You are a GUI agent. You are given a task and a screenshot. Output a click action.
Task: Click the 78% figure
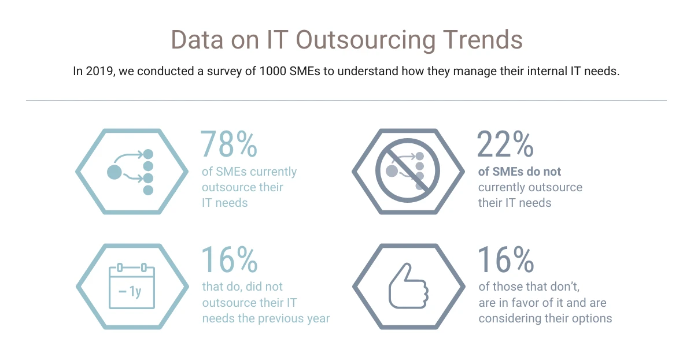pos(229,144)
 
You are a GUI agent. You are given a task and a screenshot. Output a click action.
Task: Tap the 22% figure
pos(505,144)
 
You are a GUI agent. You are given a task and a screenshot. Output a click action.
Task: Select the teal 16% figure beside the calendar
pos(229,260)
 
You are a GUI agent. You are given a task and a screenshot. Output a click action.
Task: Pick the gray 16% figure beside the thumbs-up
pos(505,260)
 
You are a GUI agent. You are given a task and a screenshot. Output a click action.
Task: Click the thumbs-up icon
pos(408,287)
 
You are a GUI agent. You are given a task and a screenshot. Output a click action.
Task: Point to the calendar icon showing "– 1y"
pos(132,287)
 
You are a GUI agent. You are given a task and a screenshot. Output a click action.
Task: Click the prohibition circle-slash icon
pos(408,171)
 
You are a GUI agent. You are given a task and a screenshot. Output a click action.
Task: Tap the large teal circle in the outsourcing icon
pos(115,172)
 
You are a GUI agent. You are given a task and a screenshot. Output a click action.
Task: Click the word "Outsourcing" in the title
pos(353,40)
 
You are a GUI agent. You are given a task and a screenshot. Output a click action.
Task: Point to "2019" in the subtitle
pos(98,72)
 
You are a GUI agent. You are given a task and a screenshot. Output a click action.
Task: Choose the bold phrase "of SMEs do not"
pos(519,172)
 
